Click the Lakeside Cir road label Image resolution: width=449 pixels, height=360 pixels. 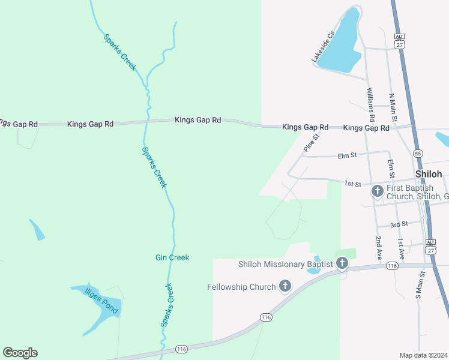coord(322,47)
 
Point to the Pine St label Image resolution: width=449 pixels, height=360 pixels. coord(310,143)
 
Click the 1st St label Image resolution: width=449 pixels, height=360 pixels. coord(352,183)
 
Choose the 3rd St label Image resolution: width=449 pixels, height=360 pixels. coord(399,224)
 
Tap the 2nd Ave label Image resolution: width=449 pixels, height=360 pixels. coord(379,247)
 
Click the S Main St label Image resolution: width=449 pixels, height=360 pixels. coord(421,285)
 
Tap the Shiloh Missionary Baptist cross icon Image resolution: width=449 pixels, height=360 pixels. coord(342,263)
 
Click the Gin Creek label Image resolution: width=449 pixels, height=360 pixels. coord(172,257)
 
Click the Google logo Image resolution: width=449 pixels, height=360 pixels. coord(20,353)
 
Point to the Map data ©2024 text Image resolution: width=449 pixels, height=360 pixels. coord(424,355)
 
